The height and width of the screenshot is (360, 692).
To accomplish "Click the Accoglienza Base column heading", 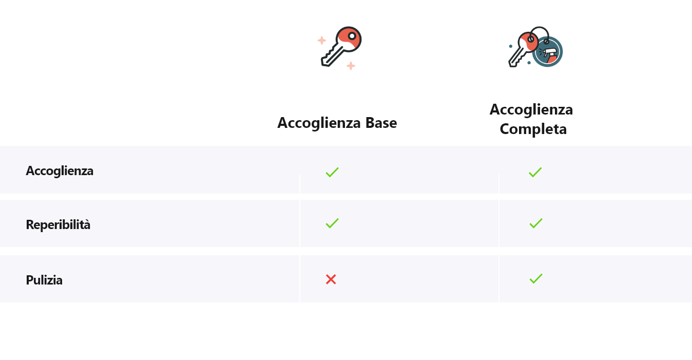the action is coord(337,123).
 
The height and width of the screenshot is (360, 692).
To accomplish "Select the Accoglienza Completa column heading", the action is coord(532,119).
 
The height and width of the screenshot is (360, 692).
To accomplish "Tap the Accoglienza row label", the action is coord(60,171).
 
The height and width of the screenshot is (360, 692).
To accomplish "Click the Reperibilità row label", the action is coord(58,224).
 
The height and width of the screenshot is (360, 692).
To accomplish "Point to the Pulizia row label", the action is coord(44,280).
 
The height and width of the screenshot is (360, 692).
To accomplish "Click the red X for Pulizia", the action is coord(331,279).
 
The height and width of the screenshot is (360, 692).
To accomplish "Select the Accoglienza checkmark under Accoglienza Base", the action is coord(332,172).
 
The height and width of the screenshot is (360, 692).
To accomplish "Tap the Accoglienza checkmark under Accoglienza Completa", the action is coord(535,172).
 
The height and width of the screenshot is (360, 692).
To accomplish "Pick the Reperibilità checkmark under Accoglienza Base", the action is coord(332,223).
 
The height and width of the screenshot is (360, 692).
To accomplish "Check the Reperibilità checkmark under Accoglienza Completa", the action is coord(535,223).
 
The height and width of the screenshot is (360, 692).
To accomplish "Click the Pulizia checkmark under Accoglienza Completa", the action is coord(535,278).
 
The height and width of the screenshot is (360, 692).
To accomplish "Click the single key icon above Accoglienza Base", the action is coord(341,46).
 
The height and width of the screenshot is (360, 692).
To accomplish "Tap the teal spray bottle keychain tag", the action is coord(547,51).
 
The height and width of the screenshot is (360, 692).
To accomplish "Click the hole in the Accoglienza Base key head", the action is coord(352,36).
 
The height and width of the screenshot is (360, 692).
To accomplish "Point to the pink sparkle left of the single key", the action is coord(321,41).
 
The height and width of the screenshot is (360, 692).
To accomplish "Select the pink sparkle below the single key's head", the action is coord(351,66).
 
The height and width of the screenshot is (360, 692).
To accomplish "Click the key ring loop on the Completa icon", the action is coord(540,31).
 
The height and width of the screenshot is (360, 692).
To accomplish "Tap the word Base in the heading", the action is coord(381,123).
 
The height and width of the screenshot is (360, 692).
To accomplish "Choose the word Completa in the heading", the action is coord(533,129).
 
